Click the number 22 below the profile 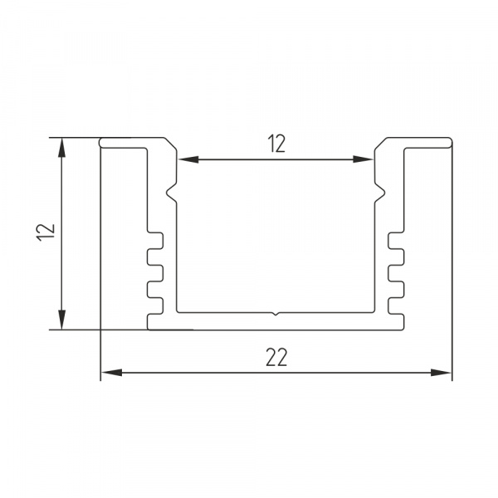277,357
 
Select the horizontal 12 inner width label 277,144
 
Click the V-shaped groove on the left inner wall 172,194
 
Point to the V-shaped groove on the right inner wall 382,194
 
